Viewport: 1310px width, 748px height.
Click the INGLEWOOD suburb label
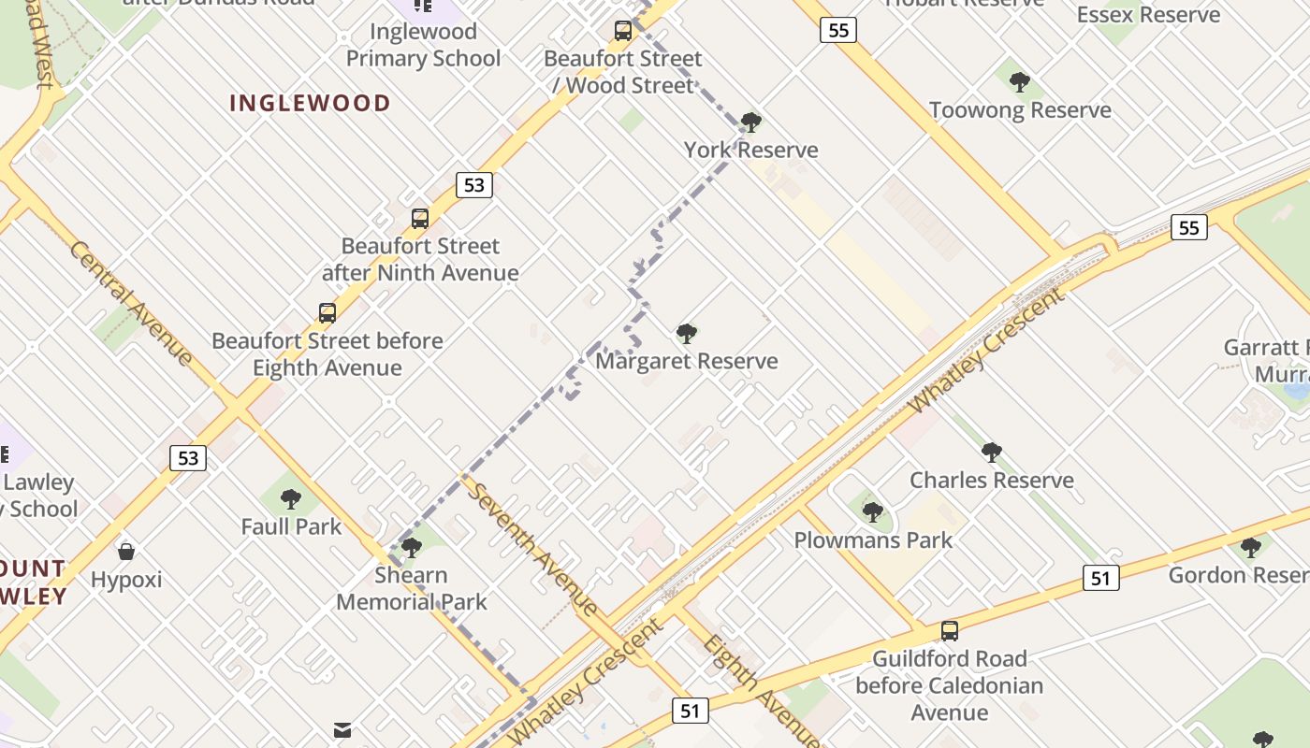click(310, 103)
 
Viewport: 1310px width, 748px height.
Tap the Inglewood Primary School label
click(423, 45)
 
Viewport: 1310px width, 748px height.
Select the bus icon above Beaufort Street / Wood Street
click(622, 31)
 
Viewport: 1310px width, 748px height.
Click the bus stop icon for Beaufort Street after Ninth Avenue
click(420, 219)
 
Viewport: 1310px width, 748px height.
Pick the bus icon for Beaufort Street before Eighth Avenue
click(327, 313)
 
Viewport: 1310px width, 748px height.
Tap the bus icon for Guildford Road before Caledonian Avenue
click(949, 631)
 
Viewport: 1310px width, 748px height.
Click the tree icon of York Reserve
click(750, 122)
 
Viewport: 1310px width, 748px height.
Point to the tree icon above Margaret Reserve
click(686, 334)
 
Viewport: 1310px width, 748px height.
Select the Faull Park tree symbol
click(291, 499)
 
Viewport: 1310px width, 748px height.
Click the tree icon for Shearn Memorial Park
click(411, 548)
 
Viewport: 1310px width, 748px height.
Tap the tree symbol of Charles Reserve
click(991, 453)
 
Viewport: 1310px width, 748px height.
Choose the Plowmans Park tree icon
click(872, 512)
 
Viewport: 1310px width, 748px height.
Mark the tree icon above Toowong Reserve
click(1019, 82)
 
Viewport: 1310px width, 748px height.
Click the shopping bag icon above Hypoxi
click(126, 552)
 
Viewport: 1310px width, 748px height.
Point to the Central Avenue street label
click(131, 303)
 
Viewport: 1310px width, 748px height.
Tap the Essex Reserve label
click(1148, 15)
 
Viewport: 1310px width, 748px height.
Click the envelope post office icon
click(342, 729)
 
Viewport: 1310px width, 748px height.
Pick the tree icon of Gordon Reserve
click(1250, 548)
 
